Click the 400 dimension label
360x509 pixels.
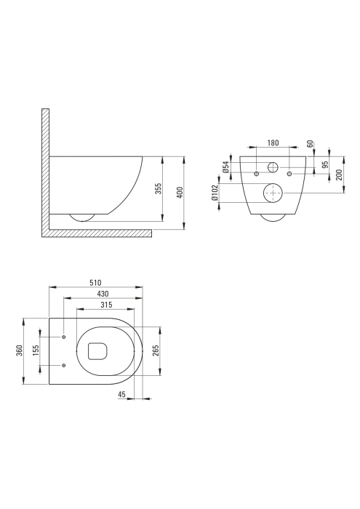181,192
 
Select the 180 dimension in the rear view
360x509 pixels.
273,143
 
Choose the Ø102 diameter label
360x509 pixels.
215,194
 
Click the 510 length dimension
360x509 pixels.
95,282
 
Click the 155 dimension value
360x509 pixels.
36,352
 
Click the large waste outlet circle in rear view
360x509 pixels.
272,193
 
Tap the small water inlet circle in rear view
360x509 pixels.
273,167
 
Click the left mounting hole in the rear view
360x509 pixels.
257,175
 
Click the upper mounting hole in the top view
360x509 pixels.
64,337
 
